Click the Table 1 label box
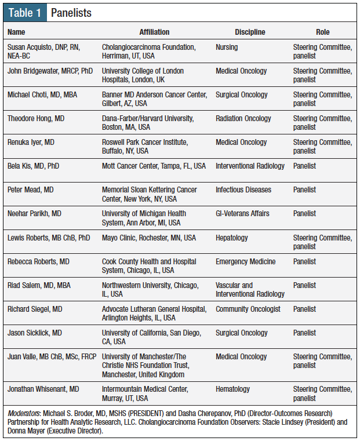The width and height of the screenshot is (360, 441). coord(25,12)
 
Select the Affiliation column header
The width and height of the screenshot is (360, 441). coord(154,32)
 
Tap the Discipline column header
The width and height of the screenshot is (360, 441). coord(250,32)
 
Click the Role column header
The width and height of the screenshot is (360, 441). coord(322,32)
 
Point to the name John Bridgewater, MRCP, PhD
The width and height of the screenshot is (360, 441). coord(50,71)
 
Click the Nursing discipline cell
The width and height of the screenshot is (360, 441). coord(227,47)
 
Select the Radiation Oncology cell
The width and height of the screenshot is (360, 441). coord(243,118)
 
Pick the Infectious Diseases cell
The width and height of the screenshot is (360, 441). coord(243,189)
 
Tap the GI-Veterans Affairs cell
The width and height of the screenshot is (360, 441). coord(242,213)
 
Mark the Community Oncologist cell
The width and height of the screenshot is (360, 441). coord(248,309)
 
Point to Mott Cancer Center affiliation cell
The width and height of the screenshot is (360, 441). coord(154,166)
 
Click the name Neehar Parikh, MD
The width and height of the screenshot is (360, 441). coord(35,213)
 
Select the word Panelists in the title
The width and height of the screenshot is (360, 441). coord(71,12)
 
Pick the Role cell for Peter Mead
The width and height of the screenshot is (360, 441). coord(304,189)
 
